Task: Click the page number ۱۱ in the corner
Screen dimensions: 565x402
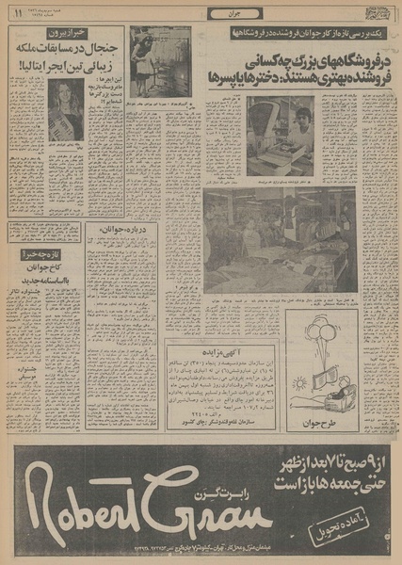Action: point(15,15)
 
